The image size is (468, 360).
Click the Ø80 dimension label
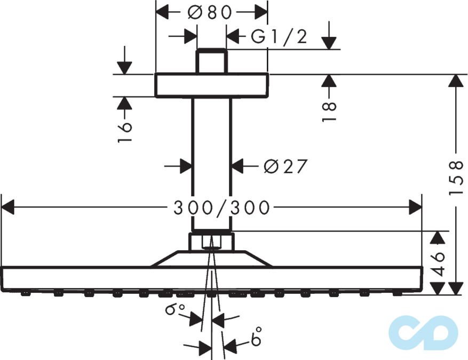pos(210,12)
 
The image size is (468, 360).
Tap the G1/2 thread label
pos(279,37)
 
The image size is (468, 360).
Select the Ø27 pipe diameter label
pos(285,166)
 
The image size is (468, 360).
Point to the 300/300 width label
pos(222,207)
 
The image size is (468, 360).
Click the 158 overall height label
pos(456,178)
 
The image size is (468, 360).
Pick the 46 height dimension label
pos(438,264)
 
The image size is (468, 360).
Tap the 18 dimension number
pos(329,111)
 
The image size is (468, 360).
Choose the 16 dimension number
pos(124,132)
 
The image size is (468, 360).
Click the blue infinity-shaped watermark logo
pos(424,333)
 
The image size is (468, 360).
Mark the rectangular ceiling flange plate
pos(212,85)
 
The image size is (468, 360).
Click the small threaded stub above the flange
pos(212,61)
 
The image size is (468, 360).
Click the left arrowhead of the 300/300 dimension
pos(8,207)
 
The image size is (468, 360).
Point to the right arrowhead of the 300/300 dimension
pos(416,207)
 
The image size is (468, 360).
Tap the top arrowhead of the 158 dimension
pos(456,81)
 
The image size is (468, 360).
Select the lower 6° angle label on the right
pos(256,336)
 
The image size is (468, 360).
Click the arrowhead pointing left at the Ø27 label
pos(239,166)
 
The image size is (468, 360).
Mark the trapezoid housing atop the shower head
pos(212,259)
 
